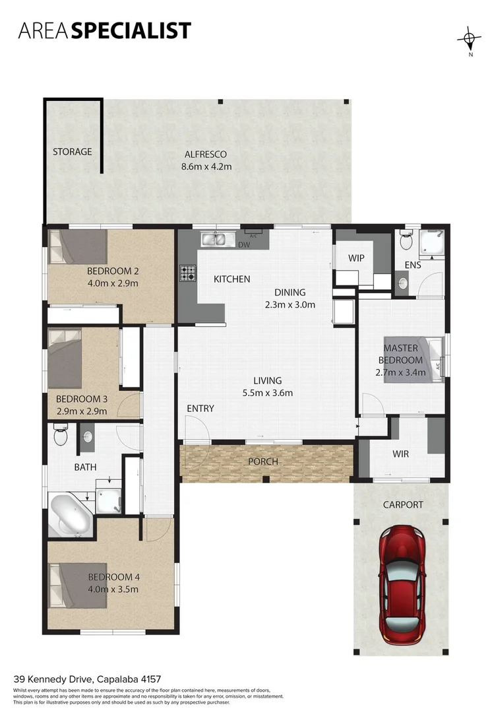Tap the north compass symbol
469,39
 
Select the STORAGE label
73,152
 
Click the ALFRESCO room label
206,154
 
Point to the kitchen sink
214,238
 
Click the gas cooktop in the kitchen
187,271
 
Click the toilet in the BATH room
60,435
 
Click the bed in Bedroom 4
77,584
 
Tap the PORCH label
262,461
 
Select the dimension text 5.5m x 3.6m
268,393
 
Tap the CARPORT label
403,505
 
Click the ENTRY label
200,409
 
